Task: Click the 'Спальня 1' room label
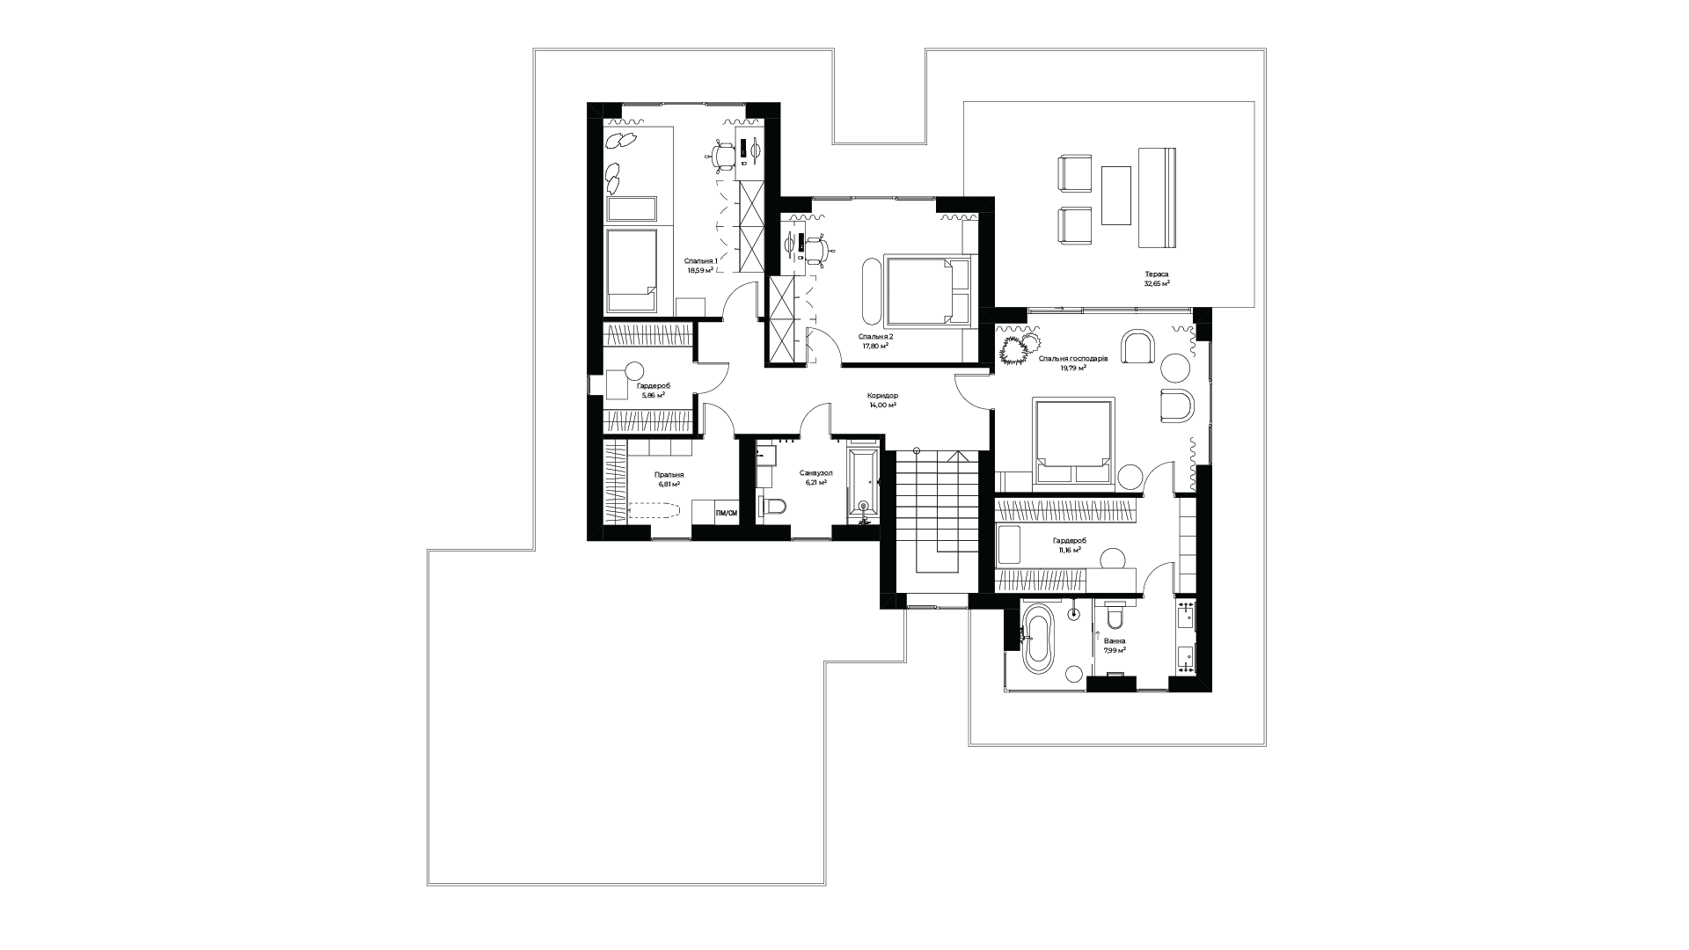pyautogui.click(x=701, y=261)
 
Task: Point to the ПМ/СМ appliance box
pyautogui.click(x=726, y=513)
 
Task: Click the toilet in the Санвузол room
pyautogui.click(x=772, y=508)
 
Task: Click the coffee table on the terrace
pyautogui.click(x=1117, y=195)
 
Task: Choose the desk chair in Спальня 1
pyautogui.click(x=723, y=157)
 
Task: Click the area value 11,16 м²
pyautogui.click(x=1068, y=549)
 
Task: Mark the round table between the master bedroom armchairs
pyautogui.click(x=1175, y=365)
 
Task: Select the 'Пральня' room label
pyautogui.click(x=669, y=475)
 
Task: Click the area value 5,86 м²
pyautogui.click(x=653, y=396)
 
